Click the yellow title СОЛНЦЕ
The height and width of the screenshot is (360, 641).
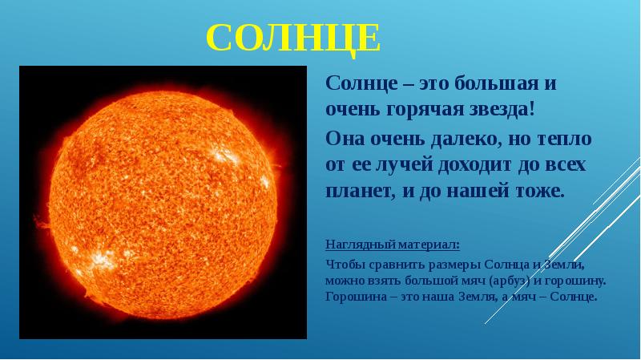293,37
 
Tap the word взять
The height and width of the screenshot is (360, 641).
386,281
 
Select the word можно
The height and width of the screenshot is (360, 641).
345,281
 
